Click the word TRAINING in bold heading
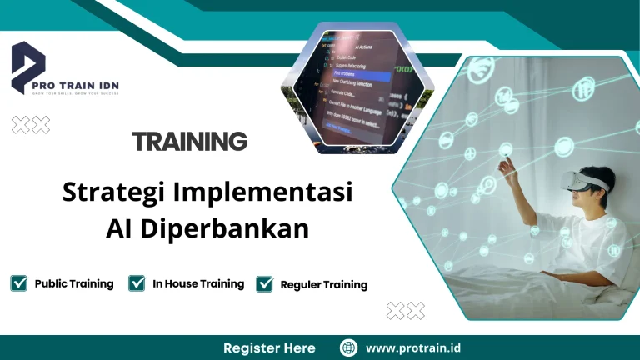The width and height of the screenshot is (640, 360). coord(189,142)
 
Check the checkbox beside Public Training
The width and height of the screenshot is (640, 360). coord(18,283)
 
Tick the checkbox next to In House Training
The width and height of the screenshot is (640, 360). coord(137,283)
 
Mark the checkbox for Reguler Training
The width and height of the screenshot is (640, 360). coord(265,284)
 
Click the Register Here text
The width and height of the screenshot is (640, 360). coord(269,347)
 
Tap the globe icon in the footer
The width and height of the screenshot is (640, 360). coord(348,347)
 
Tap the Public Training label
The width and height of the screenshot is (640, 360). coord(74,283)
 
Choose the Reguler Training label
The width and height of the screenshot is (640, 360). coord(323,285)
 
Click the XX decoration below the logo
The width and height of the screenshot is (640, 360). coord(31,125)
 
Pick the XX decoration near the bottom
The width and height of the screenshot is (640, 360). coord(406,311)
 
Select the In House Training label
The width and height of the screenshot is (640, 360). coord(198,283)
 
